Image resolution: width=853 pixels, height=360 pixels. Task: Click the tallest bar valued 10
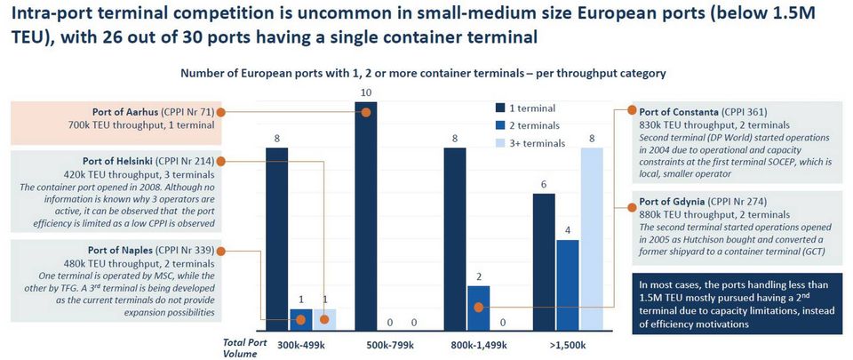tap(365, 213)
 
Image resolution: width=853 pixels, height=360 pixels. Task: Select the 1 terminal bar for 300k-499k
tap(276, 236)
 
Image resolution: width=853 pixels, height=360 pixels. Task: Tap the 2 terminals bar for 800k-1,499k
tap(478, 306)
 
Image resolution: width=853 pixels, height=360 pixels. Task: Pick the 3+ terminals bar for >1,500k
tap(591, 236)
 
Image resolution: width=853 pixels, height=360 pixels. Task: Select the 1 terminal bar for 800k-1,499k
tap(454, 236)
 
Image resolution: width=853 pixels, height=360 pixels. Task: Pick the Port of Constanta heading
tap(683, 112)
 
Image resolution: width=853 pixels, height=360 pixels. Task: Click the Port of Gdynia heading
tap(678, 201)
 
